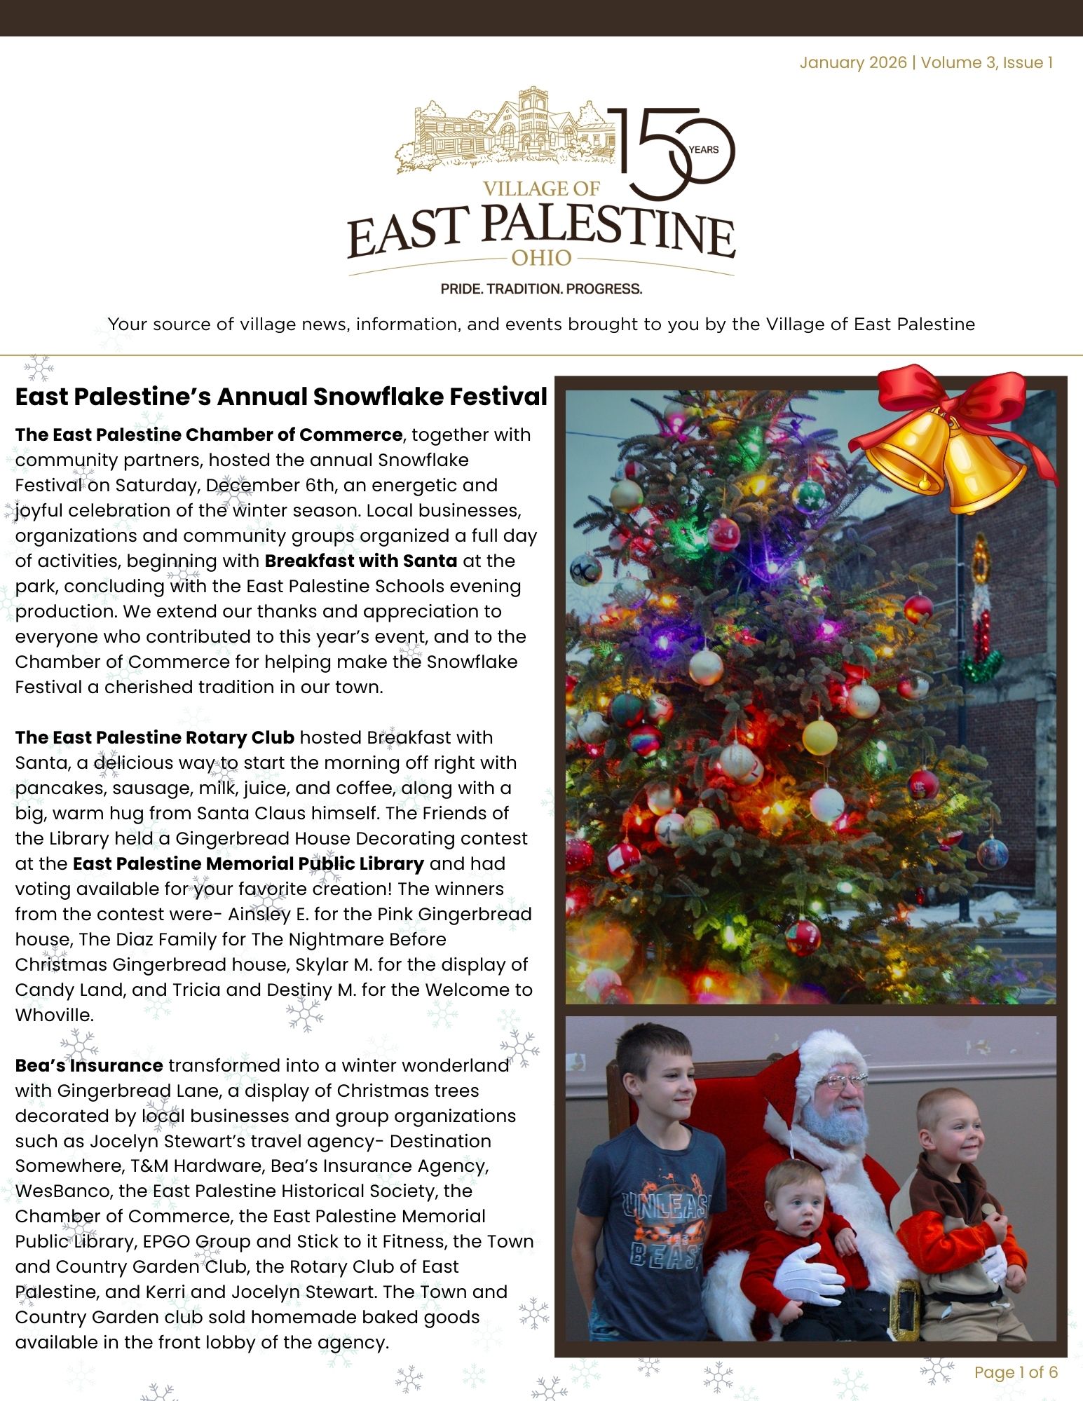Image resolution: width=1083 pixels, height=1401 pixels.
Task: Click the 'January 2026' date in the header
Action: point(853,62)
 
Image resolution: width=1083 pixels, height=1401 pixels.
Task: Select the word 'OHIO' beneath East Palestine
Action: point(541,258)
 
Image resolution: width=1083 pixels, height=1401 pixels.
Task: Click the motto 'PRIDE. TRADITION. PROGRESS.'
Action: point(541,289)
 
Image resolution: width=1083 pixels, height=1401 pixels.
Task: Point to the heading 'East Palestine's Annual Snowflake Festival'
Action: point(281,397)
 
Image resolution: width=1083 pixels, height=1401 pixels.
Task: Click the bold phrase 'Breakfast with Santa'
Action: point(360,561)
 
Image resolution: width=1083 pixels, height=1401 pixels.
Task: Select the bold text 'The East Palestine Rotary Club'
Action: point(155,737)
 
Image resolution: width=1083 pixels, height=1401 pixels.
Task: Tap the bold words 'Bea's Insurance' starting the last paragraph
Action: point(89,1065)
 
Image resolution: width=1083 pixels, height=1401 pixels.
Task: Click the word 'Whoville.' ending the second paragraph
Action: point(55,1015)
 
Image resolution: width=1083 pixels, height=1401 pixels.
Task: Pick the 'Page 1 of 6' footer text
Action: point(1016,1372)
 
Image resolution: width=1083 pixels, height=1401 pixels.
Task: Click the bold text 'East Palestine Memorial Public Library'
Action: point(248,863)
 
